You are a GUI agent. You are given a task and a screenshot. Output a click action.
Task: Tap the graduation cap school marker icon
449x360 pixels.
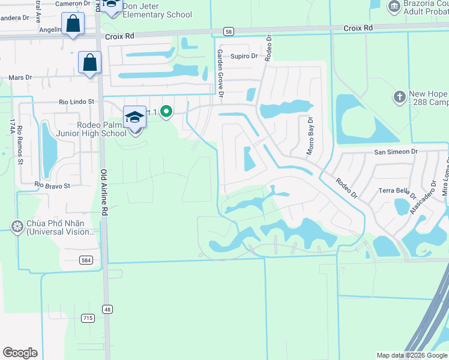coord(134,117)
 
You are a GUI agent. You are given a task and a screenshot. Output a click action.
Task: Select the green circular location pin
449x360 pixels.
coord(167,112)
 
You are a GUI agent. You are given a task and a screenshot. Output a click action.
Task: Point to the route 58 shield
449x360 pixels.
coord(228,31)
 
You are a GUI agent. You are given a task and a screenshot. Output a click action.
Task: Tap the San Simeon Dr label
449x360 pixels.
coord(396,152)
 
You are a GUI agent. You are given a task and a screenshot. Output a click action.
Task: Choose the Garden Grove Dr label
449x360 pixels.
coord(220,74)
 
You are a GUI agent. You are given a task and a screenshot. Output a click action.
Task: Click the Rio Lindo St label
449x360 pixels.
coord(77,102)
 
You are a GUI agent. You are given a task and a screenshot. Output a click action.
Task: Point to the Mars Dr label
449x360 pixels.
coord(20,77)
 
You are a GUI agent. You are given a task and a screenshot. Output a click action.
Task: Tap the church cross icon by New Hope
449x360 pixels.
coord(399,96)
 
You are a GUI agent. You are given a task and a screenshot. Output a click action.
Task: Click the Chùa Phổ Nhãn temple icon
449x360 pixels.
coord(16,226)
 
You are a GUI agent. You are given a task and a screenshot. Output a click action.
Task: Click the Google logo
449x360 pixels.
coord(20,352)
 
